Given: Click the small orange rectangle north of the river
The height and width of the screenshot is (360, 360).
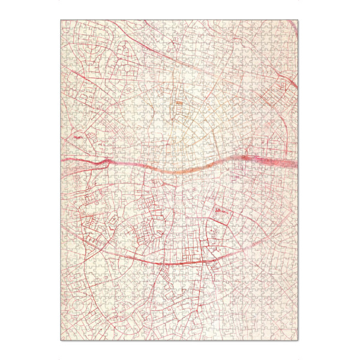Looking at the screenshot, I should (x=179, y=103).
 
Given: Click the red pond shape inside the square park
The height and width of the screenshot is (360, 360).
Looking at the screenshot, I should (x=220, y=211).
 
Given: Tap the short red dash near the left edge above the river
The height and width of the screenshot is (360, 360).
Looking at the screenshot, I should (x=77, y=137).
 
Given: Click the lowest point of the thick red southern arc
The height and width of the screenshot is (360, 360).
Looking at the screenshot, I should (x=174, y=264).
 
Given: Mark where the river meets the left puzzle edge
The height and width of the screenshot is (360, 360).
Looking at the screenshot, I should (x=62, y=158).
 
